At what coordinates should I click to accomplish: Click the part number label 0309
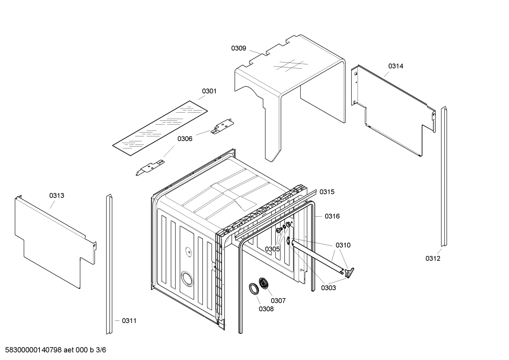pos(239,48)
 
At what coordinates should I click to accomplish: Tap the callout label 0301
pos(209,91)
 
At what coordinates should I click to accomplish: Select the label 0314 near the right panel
pos(396,66)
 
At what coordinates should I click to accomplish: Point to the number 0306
pos(185,139)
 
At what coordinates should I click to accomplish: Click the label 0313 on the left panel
pos(56,195)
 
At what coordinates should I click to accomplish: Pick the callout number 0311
pos(129,321)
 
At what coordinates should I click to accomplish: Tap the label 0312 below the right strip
pos(433,258)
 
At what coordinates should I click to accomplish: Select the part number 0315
pos(327,192)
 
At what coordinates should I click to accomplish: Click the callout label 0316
pos(332,216)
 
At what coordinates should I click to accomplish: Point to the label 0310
pos(343,245)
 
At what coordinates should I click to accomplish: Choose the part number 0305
pos(272,249)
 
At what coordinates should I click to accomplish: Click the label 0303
pos(328,288)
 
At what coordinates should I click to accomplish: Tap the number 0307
pos(278,301)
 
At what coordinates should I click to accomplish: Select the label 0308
pos(266,309)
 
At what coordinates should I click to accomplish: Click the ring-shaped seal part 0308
pos(254,288)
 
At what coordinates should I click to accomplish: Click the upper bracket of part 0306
pos(222,127)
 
